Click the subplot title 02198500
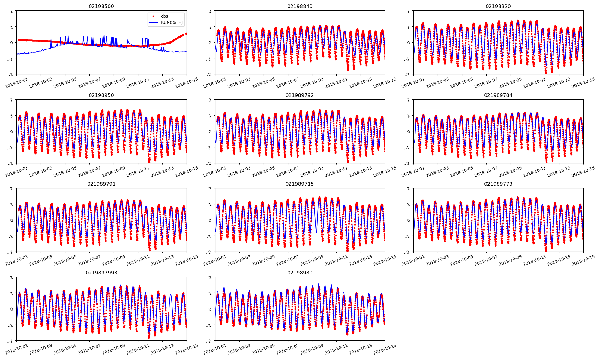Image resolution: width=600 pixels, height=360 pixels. pos(101,6)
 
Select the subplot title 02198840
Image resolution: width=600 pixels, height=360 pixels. pos(300,6)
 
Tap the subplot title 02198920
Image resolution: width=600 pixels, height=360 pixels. pos(498,6)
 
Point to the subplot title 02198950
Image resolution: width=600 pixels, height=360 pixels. pos(101,95)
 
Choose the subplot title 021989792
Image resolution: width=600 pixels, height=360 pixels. pos(300,95)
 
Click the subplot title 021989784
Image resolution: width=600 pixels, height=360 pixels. pos(498,95)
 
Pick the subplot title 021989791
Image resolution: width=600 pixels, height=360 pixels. pos(101,184)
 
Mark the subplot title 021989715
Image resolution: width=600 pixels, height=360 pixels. pos(300,184)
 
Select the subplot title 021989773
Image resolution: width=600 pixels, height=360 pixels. pos(498,184)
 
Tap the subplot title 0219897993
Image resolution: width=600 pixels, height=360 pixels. pos(101,273)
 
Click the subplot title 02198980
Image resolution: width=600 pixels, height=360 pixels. pos(300,273)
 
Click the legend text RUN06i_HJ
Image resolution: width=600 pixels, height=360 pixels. pos(172,22)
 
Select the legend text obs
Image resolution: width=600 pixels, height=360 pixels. pos(164,16)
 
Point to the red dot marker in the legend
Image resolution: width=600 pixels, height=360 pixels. pos(153,16)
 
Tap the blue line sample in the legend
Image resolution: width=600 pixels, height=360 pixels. pos(153,22)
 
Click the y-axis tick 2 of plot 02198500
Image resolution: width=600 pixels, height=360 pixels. pos(12,11)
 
